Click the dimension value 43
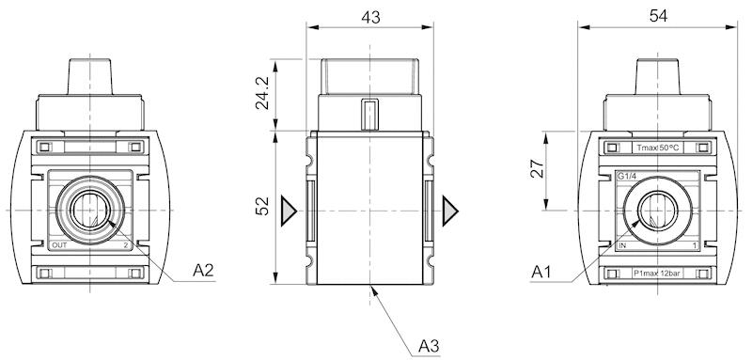point(369,17)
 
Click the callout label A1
point(540,272)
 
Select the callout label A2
point(204,271)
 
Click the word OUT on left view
point(60,245)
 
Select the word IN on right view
point(622,245)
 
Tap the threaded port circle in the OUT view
point(90,208)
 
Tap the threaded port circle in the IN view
point(656,208)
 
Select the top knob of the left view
point(90,75)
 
